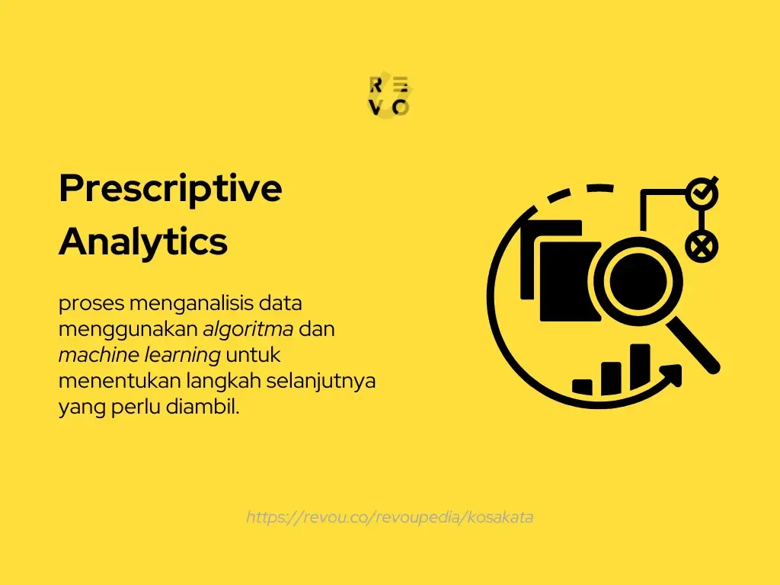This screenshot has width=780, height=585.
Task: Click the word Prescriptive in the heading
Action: pyautogui.click(x=170, y=189)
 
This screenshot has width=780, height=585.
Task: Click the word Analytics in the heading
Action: pyautogui.click(x=143, y=241)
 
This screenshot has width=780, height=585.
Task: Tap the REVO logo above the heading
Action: pyautogui.click(x=389, y=97)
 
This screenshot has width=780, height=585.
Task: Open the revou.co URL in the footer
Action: pyautogui.click(x=389, y=517)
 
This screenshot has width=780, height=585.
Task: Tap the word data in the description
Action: pyautogui.click(x=281, y=303)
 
